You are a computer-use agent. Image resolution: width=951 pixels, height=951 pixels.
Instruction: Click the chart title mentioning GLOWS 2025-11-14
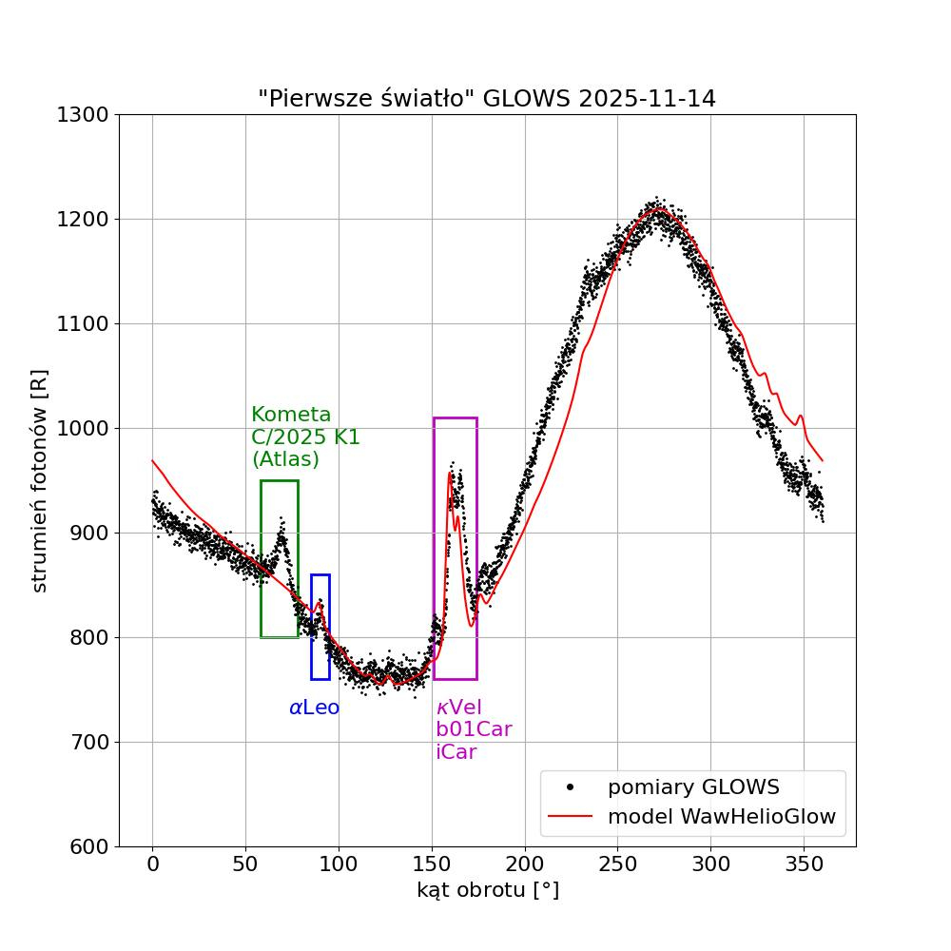click(x=487, y=98)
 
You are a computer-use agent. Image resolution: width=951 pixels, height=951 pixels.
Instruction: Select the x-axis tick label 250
click(x=617, y=864)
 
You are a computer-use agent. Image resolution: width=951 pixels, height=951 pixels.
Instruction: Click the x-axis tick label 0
click(x=152, y=864)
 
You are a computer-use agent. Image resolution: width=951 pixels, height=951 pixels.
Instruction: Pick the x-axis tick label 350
click(x=804, y=864)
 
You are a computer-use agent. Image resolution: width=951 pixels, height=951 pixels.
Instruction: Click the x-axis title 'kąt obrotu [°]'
click(x=487, y=891)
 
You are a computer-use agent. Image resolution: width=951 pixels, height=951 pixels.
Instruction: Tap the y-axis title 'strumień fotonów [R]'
click(x=40, y=480)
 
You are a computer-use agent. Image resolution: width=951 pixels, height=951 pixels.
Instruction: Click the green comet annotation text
click(x=305, y=437)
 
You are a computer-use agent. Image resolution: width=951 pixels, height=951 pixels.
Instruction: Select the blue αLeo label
click(x=314, y=708)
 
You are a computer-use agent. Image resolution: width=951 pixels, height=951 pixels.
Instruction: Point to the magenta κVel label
click(x=459, y=708)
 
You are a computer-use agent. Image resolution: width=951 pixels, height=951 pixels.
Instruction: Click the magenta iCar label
click(x=456, y=752)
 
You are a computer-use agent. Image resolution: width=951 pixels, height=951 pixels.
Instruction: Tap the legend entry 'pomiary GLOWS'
click(x=693, y=787)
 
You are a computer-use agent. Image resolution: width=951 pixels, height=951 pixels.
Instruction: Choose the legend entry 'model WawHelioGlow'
click(x=722, y=816)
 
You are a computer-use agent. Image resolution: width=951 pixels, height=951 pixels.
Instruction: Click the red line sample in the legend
click(x=570, y=816)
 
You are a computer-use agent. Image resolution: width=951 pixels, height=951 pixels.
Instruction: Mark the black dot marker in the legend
click(x=570, y=787)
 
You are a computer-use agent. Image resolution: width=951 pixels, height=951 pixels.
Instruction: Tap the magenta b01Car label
click(x=474, y=729)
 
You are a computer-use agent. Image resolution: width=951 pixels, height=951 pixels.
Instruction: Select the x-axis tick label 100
click(x=338, y=864)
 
